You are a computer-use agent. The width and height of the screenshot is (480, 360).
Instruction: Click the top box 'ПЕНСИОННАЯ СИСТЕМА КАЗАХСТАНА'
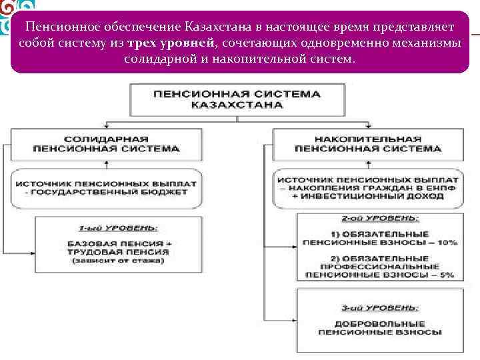(x=237, y=99)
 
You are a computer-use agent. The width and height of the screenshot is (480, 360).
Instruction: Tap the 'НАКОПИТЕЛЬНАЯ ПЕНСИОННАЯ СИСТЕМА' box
(x=367, y=144)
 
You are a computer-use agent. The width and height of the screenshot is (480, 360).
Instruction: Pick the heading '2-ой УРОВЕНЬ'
(x=377, y=218)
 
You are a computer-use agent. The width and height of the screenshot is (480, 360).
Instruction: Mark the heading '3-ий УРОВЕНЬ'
(x=377, y=307)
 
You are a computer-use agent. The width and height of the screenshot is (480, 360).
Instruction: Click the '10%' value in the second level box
(x=444, y=243)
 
